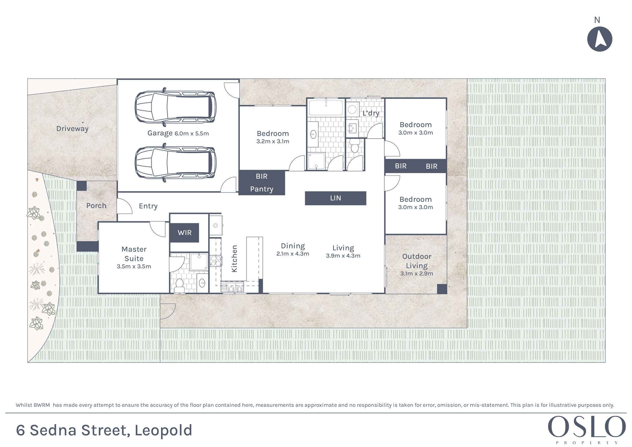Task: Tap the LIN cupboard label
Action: click(336, 198)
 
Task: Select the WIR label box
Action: click(184, 233)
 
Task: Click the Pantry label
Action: click(262, 189)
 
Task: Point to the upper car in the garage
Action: click(175, 107)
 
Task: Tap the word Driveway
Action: click(73, 129)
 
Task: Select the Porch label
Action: click(96, 206)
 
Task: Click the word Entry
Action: click(148, 206)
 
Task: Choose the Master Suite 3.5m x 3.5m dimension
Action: click(134, 266)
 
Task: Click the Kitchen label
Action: click(234, 259)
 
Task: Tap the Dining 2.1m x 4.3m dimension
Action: click(293, 254)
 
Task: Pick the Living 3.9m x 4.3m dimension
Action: click(343, 256)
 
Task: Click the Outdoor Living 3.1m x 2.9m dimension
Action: click(417, 274)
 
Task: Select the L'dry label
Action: click(371, 113)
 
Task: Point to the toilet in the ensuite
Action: click(179, 285)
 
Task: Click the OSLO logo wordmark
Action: click(587, 427)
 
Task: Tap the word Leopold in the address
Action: click(163, 431)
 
